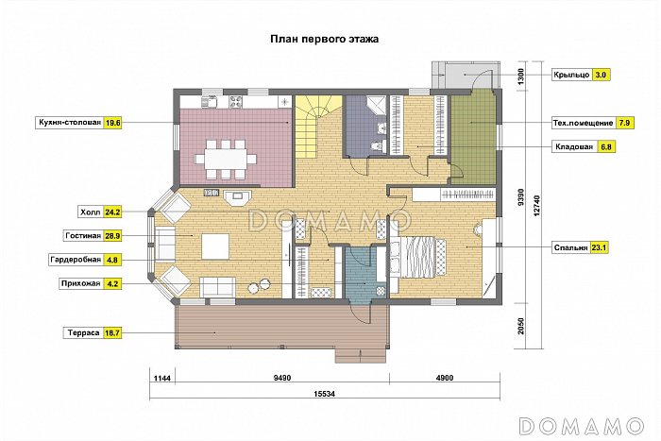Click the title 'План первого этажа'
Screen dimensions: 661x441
coord(324,40)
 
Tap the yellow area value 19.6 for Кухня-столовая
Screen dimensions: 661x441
coord(113,123)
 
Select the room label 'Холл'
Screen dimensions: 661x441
coord(91,212)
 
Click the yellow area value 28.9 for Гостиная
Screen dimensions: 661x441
coord(113,236)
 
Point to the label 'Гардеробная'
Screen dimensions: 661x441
coord(76,260)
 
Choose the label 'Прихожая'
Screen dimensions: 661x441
coord(80,283)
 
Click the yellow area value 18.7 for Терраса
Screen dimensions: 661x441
coord(112,333)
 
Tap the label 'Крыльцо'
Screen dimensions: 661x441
coord(571,75)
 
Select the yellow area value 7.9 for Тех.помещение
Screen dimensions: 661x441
coord(624,123)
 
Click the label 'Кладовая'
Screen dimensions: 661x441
coord(574,146)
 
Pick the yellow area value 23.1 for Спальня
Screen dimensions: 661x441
coord(599,247)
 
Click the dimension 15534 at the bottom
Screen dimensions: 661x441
coord(324,394)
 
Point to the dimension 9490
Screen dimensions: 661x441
coord(282,378)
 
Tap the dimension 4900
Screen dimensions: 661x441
coord(445,378)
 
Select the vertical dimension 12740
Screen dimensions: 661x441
coord(536,206)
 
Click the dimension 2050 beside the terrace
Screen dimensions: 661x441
coord(520,327)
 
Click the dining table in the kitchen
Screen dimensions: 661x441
coord(226,160)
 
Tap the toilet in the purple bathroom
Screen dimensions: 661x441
coord(377,145)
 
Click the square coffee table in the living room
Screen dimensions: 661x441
coord(215,246)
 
